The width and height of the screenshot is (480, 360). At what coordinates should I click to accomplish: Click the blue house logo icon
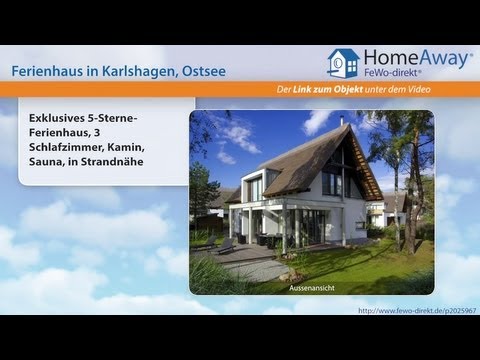(343, 63)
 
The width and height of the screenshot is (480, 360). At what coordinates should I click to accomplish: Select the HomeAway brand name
(410, 59)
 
